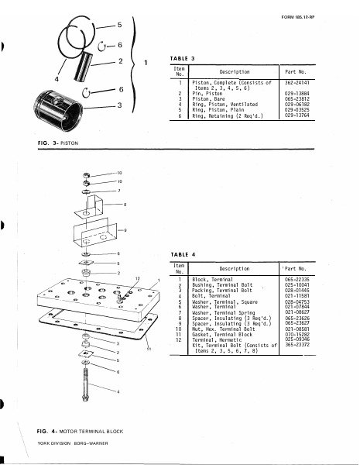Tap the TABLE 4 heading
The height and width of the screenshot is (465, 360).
pyautogui.click(x=180, y=254)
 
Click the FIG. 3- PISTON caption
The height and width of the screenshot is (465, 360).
pyautogui.click(x=57, y=143)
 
